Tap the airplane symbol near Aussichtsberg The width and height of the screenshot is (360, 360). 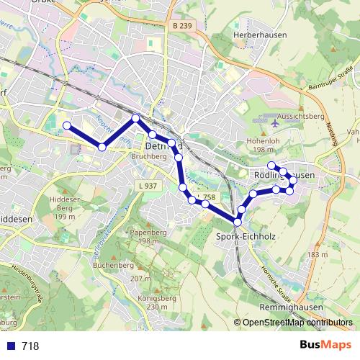click(276, 123)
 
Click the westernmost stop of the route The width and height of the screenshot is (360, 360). click(67, 126)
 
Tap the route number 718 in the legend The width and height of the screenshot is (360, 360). click(30, 346)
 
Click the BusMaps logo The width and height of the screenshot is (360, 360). click(321, 346)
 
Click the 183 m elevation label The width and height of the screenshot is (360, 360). click(317, 255)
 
